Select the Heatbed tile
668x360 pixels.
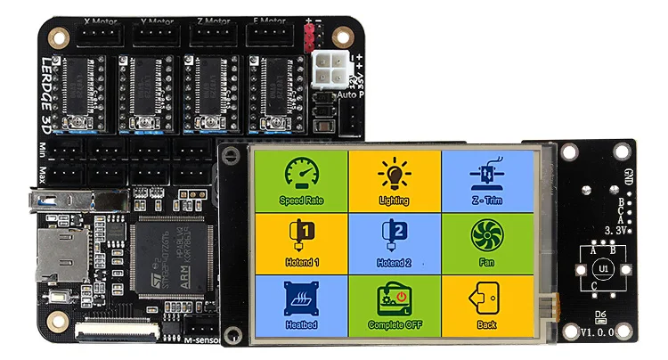point(301,305)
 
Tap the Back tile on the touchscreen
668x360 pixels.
point(486,305)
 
